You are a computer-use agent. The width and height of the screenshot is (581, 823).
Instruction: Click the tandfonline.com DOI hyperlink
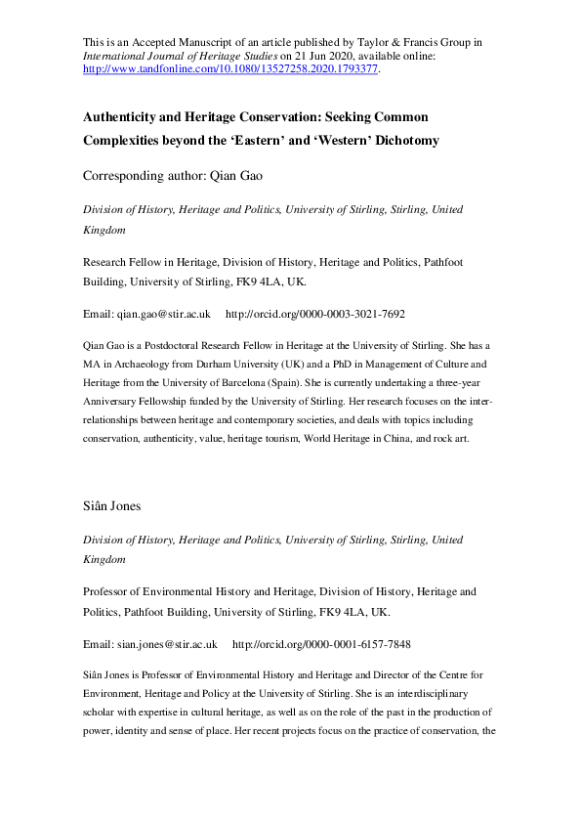coord(228,70)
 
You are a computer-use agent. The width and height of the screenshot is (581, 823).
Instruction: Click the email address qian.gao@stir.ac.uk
coord(165,315)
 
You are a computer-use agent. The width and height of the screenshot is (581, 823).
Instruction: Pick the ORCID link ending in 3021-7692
coord(314,315)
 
